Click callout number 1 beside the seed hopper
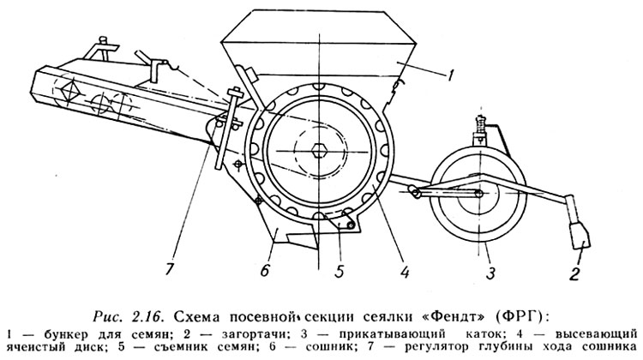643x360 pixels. [450, 75]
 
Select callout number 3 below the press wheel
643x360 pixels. [490, 273]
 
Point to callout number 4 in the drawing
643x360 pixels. [406, 271]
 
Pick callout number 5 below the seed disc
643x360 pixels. [339, 271]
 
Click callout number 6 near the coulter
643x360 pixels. [265, 270]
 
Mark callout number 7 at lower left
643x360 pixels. [170, 269]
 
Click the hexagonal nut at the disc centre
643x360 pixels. [318, 151]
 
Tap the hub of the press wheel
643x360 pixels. [478, 193]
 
